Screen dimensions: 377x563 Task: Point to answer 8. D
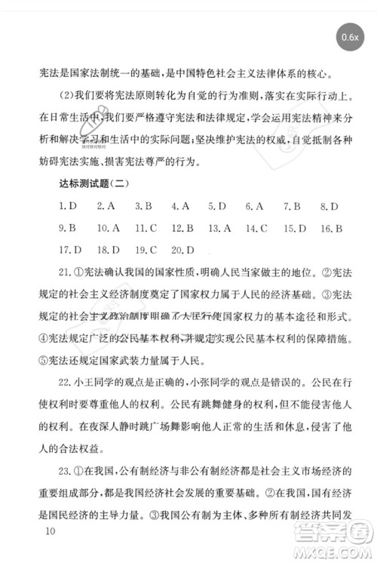(x=329, y=206)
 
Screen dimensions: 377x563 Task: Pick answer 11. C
(x=145, y=227)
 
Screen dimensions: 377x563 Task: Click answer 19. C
(x=145, y=249)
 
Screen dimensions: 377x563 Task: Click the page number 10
(x=51, y=532)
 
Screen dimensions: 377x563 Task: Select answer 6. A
(x=254, y=206)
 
